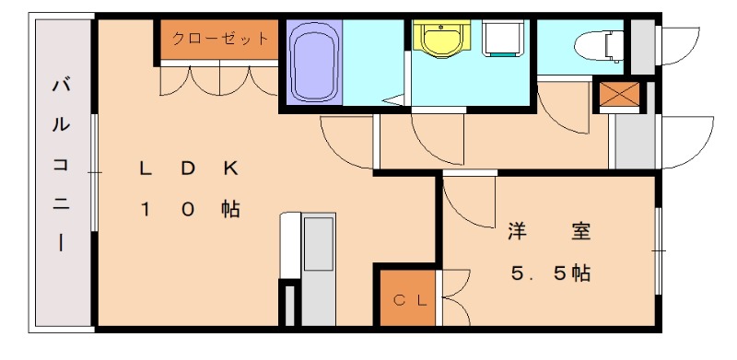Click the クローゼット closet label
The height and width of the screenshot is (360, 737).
[x=219, y=40]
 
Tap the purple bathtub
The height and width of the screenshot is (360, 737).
[x=315, y=62]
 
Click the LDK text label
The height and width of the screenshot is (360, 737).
[x=189, y=168]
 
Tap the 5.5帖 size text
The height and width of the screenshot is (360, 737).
[x=551, y=273]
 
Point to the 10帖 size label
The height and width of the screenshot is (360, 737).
[x=189, y=210]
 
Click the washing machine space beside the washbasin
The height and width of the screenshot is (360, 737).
[x=503, y=42]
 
